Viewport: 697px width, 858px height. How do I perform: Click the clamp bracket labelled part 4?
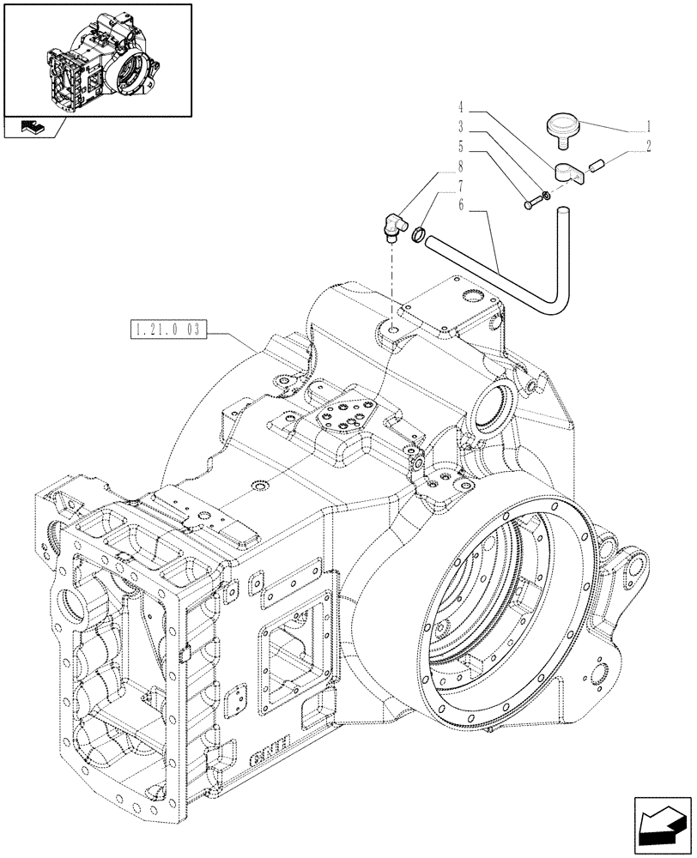click(567, 174)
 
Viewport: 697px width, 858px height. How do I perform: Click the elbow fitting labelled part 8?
click(396, 226)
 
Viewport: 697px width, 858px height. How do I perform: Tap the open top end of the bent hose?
click(563, 209)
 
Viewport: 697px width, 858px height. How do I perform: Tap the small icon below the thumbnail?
click(31, 129)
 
